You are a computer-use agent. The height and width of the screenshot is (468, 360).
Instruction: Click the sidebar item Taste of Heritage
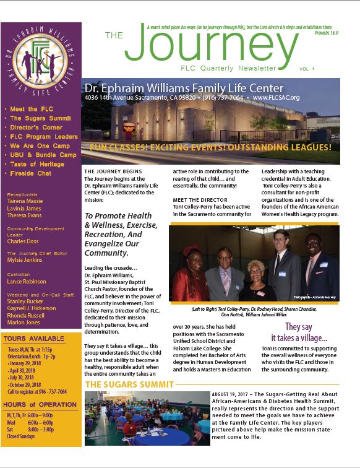point(37,164)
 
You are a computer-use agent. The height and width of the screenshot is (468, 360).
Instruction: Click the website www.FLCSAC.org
point(276,98)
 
